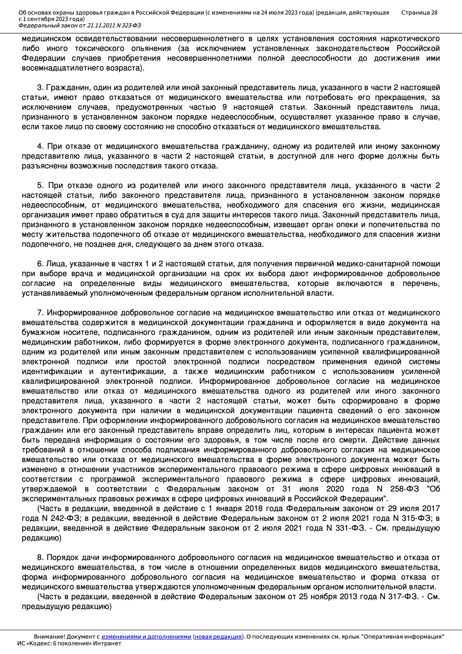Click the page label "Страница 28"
pyautogui.click(x=419, y=13)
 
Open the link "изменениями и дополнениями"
pyautogui.click(x=146, y=637)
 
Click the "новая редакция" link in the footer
pyautogui.click(x=218, y=637)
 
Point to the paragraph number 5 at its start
pyautogui.click(x=40, y=186)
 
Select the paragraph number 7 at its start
pyautogui.click(x=40, y=313)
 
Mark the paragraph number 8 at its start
pyautogui.click(x=40, y=557)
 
